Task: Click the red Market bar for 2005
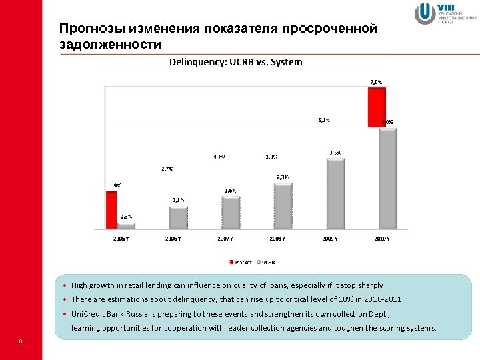[111, 211]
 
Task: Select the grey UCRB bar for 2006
[178, 218]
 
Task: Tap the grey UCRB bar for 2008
[283, 207]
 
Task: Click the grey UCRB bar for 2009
[335, 194]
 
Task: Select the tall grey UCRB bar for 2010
[387, 179]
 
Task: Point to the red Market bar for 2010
[377, 107]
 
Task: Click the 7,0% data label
[376, 82]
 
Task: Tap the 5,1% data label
[323, 121]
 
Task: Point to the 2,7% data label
[167, 169]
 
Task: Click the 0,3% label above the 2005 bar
[126, 216]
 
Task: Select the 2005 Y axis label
[120, 238]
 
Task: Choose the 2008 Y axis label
[277, 238]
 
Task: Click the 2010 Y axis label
[381, 238]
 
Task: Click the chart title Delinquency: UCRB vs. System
[235, 62]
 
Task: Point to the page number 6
[21, 342]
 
